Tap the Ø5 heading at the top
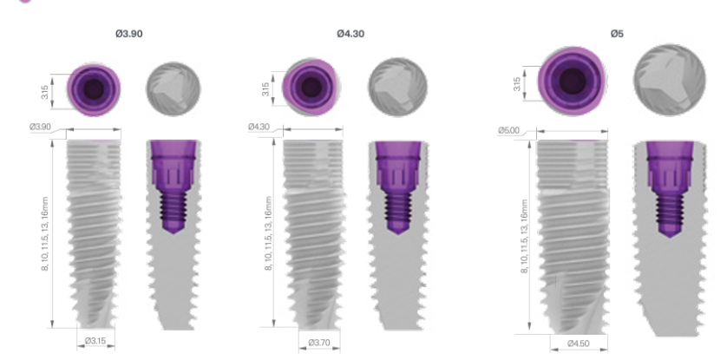click(617, 34)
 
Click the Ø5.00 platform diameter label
click(508, 131)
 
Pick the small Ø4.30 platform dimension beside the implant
click(259, 128)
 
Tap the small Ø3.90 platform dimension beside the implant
click(41, 127)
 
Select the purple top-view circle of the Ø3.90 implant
click(92, 88)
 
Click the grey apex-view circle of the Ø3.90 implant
click(170, 88)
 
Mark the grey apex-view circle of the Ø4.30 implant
click(397, 86)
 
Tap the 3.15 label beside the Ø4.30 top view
click(265, 89)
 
